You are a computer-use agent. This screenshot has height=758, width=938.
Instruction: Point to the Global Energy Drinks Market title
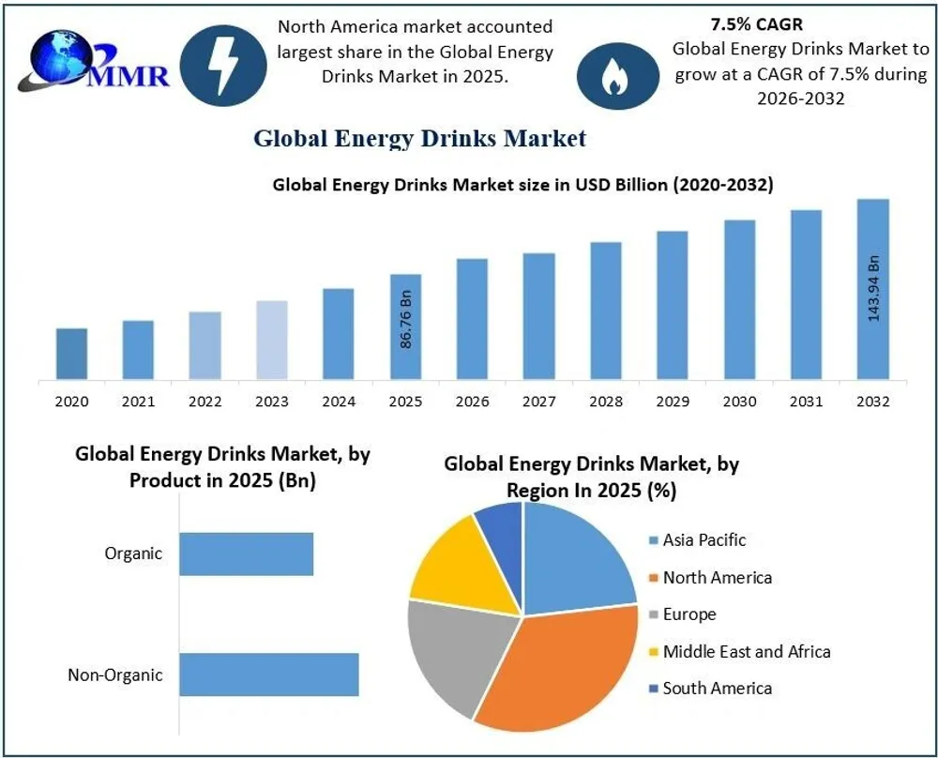click(x=419, y=139)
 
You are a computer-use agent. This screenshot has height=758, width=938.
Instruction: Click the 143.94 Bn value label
click(x=873, y=287)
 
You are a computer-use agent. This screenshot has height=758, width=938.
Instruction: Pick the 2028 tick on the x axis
click(x=606, y=402)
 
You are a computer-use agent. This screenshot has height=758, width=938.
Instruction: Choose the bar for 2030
click(x=739, y=300)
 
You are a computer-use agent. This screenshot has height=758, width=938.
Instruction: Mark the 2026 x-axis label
click(x=473, y=402)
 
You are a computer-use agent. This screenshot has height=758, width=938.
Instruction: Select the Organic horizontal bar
click(x=246, y=553)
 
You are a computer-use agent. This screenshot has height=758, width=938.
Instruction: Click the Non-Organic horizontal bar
click(x=268, y=675)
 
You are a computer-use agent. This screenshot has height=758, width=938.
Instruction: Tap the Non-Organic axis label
click(x=114, y=675)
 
